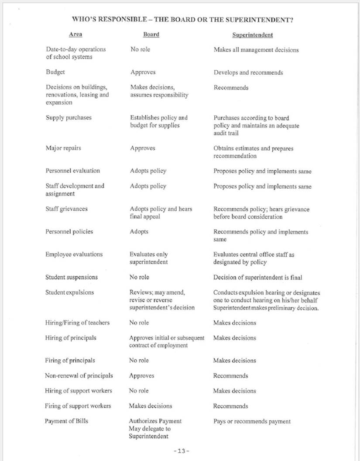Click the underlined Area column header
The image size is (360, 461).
coord(75,34)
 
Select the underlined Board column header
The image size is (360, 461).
coord(151,34)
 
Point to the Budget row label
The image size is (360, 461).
coord(55,72)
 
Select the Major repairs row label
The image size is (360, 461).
coord(63,148)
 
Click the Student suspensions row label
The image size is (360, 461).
coord(72,277)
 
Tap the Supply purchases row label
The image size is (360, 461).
coord(69,117)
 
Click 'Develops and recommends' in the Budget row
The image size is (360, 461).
coord(248,72)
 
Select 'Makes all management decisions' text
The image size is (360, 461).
coord(256,50)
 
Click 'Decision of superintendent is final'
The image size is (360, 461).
coord(257,277)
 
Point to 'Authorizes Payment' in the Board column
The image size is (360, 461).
coord(155,421)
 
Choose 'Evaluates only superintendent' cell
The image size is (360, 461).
coord(149,258)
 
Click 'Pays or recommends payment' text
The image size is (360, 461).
coord(251,421)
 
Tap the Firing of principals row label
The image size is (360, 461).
coord(70,361)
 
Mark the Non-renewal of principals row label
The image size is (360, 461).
coord(79,375)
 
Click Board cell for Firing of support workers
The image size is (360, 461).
coord(150,406)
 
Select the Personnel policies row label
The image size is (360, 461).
coord(69,232)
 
